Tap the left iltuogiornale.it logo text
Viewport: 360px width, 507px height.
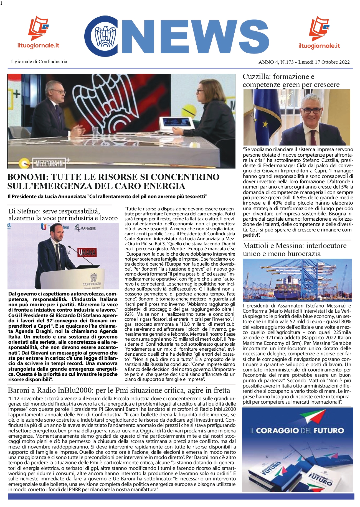pos(38,45)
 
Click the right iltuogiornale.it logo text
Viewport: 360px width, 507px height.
pos(319,46)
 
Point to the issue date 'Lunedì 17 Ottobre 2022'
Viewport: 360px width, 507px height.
pos(324,62)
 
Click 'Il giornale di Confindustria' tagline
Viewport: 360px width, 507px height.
pos(39,62)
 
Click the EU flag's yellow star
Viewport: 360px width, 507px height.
pos(265,124)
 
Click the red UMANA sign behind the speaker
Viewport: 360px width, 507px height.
pos(87,252)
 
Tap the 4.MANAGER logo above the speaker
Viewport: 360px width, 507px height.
pos(85,228)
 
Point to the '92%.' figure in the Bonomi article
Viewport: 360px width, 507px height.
pos(130,314)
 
